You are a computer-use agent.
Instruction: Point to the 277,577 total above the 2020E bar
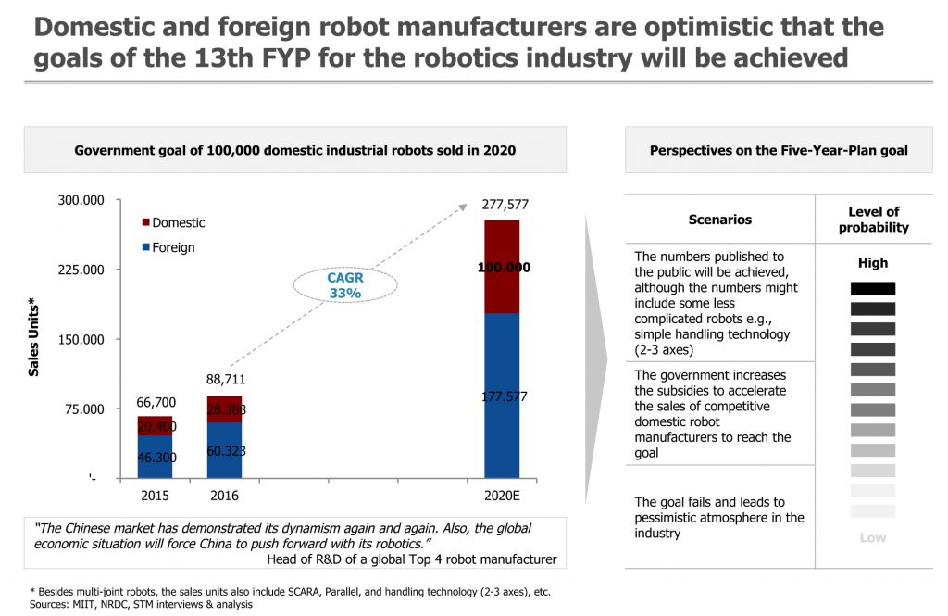point(505,205)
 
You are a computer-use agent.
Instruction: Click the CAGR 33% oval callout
point(343,284)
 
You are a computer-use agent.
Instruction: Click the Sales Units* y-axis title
point(34,339)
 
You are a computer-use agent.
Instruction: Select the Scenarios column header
point(719,220)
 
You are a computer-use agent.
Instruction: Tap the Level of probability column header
point(873,220)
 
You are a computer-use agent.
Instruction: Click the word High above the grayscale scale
point(873,263)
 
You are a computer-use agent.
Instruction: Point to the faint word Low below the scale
point(873,537)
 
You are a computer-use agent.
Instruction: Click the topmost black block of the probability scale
point(873,289)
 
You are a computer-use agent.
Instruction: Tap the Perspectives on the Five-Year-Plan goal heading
point(779,150)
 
